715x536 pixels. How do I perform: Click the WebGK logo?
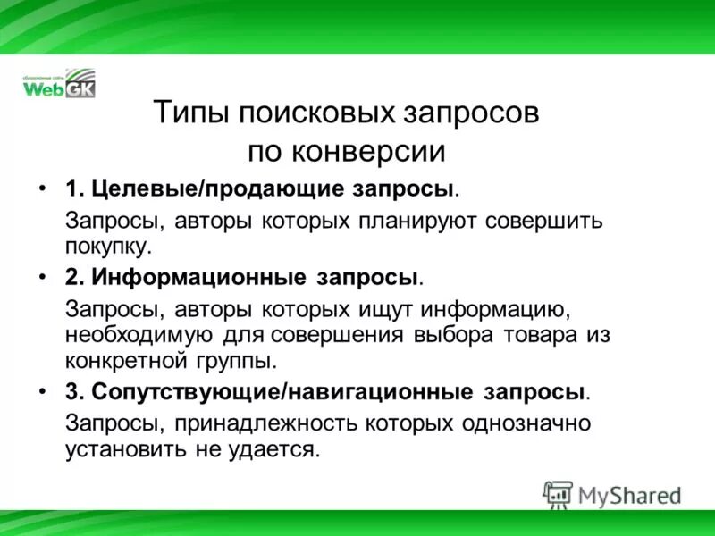coord(58,83)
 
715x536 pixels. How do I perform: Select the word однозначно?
coord(523,423)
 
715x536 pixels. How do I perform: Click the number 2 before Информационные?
coord(71,277)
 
